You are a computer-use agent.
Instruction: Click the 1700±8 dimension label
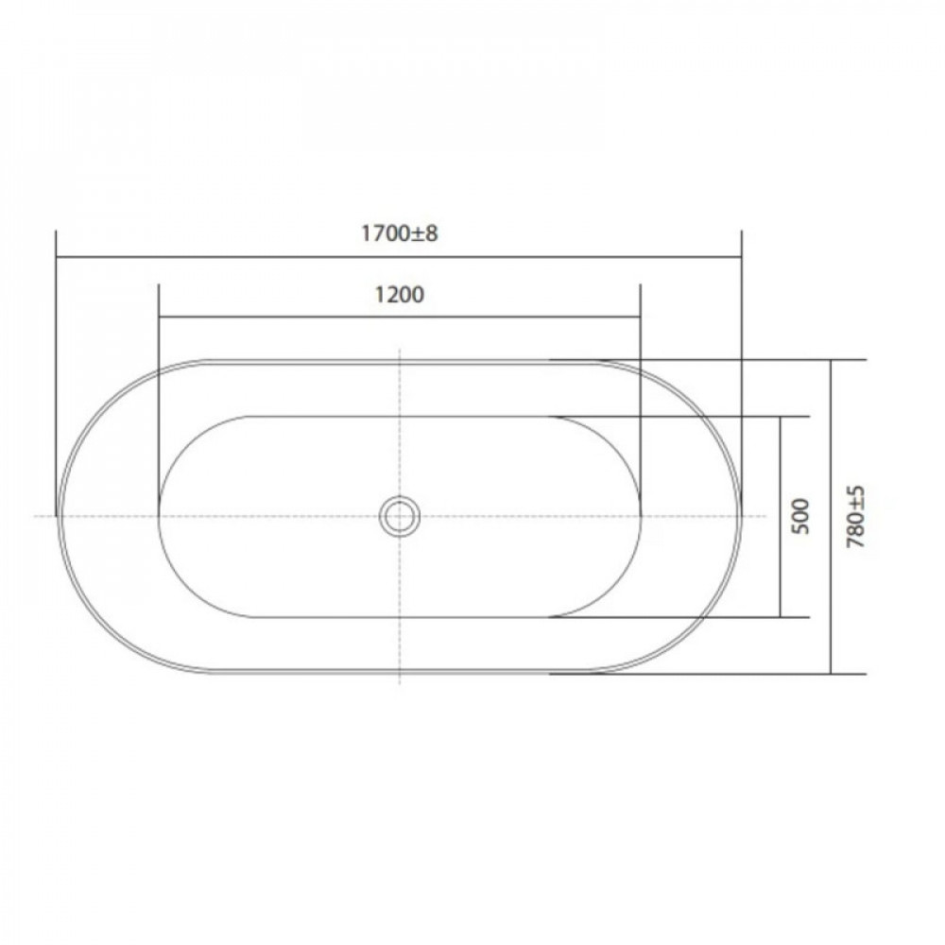(x=400, y=233)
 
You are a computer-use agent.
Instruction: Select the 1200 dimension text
(x=400, y=295)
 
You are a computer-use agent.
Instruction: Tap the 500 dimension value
(x=801, y=517)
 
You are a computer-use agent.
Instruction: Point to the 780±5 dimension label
(x=856, y=517)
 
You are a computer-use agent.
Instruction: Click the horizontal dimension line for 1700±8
(x=399, y=257)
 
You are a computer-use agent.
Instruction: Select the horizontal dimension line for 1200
(x=400, y=316)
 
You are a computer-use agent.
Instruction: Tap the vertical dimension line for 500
(x=781, y=517)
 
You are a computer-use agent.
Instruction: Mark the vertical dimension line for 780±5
(x=831, y=517)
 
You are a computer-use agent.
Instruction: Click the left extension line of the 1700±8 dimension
(x=56, y=373)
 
